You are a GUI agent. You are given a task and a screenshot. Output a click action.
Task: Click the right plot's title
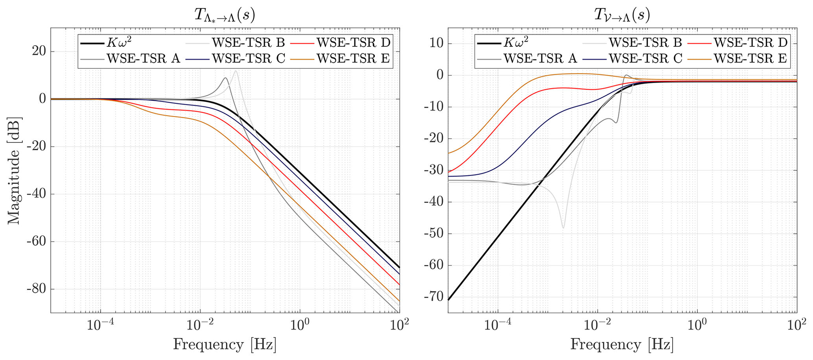point(622,16)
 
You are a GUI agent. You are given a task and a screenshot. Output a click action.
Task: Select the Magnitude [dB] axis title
point(14,170)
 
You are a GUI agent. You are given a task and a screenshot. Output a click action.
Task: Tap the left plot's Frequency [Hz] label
point(225,344)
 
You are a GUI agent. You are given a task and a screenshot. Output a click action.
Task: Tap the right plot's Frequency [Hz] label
point(622,344)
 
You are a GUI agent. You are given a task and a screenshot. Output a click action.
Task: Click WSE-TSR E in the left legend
point(353,59)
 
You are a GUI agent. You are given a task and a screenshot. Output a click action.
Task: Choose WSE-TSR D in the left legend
point(353,42)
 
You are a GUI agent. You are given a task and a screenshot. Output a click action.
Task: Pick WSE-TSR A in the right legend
point(540,59)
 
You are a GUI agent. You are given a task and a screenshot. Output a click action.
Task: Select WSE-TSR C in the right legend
point(645,59)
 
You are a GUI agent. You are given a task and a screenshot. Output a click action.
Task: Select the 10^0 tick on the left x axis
point(300,325)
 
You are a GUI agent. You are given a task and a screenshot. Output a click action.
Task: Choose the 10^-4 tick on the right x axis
point(498,325)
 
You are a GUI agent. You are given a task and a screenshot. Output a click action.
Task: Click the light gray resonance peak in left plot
point(236,71)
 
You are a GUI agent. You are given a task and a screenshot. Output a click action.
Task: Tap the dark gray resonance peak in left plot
point(225,78)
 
